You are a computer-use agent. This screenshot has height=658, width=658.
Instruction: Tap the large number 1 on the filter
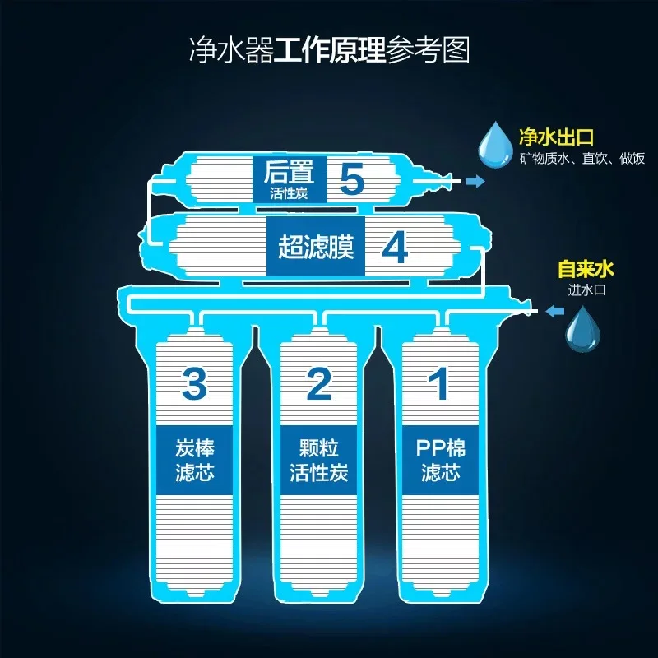point(440,382)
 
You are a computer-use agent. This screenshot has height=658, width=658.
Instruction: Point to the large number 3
point(194,382)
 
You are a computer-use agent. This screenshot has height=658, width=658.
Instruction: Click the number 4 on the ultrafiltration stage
point(395,248)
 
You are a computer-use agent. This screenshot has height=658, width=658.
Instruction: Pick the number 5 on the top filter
point(352,178)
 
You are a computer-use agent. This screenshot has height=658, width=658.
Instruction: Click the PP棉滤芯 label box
point(440,461)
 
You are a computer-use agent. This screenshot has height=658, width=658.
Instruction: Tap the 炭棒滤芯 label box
point(195,461)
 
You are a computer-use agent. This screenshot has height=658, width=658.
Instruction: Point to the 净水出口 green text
point(557,136)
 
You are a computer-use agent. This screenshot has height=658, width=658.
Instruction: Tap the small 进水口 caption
point(586,288)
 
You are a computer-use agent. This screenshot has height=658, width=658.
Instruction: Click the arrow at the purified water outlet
point(475,182)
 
